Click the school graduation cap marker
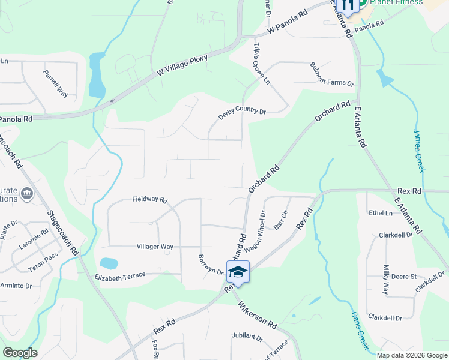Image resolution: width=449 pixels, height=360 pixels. point(238,271)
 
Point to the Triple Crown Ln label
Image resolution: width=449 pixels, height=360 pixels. point(261,64)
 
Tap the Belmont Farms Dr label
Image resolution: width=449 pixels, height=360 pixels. point(332,74)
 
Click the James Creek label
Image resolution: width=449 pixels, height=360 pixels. point(419,151)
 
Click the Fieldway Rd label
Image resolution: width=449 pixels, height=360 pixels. point(149,200)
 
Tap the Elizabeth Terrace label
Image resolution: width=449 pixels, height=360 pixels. point(120,275)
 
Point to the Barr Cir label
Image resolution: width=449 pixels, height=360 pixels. point(281,219)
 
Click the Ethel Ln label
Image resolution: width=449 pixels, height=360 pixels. point(381,213)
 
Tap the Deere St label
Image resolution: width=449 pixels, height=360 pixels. point(405,276)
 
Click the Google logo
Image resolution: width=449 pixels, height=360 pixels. point(20,353)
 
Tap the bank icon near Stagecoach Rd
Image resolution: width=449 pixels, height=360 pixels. point(26,193)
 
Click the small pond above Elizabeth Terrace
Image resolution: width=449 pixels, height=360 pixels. point(109,263)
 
